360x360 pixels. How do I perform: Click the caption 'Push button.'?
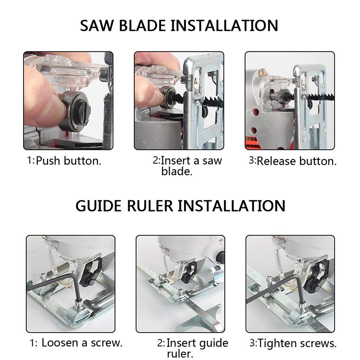(x=69, y=161)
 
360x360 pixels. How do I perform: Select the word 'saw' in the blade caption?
(x=212, y=161)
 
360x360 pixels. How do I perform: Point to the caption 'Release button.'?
(x=296, y=161)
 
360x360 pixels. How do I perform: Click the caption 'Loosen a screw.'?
(x=82, y=343)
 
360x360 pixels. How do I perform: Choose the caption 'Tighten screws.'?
(x=297, y=343)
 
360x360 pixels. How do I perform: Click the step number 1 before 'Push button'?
(x=30, y=160)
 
